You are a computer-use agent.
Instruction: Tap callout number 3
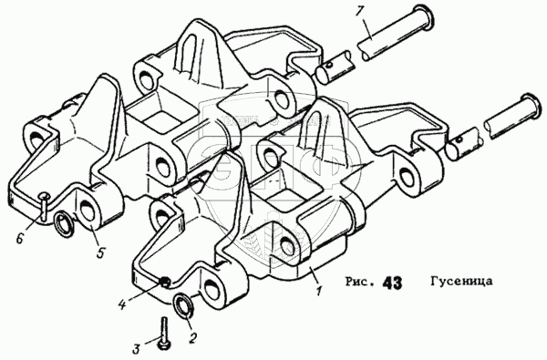tap(137, 348)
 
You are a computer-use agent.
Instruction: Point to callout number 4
tap(121, 305)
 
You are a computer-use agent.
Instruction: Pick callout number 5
tap(100, 252)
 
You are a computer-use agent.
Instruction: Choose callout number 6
tap(19, 238)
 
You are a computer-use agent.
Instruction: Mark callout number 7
tap(359, 11)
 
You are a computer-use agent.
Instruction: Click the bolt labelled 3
tap(163, 333)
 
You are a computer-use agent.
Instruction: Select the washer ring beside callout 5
tap(64, 223)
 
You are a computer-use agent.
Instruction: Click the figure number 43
tap(392, 283)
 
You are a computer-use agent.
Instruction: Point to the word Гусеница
tap(461, 281)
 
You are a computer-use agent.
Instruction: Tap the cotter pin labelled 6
tap(43, 206)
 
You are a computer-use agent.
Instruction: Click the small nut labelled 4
tap(164, 281)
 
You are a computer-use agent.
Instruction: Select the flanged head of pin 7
tap(424, 16)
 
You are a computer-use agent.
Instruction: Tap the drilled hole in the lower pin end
tap(460, 139)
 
